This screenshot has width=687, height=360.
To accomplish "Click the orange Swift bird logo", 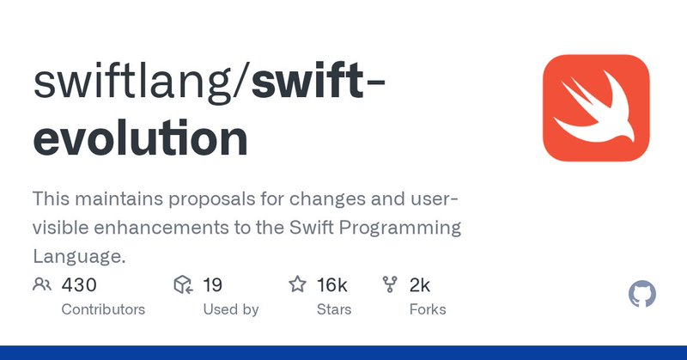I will tap(595, 107).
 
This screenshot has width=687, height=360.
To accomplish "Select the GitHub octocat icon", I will tap(642, 295).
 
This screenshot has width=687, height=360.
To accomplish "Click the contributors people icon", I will tap(41, 284).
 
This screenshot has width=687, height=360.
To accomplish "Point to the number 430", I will tap(79, 284).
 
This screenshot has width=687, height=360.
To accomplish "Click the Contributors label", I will tap(103, 309).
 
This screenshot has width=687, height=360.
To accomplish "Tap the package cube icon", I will tap(182, 284).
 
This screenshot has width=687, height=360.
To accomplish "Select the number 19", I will tap(213, 284).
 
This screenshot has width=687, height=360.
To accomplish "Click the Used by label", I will tap(230, 309).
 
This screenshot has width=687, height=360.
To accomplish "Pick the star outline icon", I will tap(297, 284).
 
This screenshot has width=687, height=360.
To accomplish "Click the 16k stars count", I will tap(331, 284).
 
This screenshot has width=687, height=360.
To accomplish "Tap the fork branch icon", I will tap(390, 284).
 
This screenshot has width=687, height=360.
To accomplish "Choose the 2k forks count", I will tap(419, 284).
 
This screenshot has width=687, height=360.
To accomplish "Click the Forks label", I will tap(428, 309).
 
